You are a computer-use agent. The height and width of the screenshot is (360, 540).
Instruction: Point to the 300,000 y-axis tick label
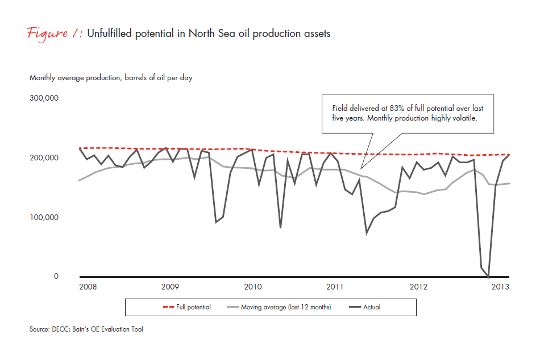43,98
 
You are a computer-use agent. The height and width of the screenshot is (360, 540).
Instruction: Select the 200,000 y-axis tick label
43,158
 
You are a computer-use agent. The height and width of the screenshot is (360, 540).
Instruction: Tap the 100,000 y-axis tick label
43,217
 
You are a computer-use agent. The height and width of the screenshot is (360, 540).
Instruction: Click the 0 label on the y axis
56,276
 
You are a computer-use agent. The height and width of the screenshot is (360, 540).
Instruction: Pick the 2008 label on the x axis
87,287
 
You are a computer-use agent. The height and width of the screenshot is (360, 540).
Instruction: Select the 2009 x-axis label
170,287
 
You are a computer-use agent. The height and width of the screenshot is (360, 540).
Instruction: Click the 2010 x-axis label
253,287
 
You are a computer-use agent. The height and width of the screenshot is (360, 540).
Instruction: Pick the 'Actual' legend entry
372,307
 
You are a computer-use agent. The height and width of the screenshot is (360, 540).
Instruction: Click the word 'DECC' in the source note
61,329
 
